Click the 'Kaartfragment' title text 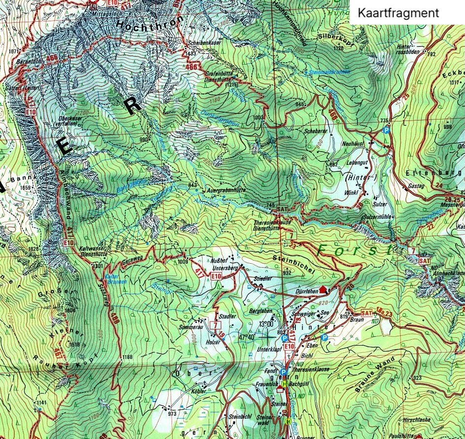pyautogui.click(x=397, y=13)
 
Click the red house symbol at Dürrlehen pyautogui.click(x=323, y=289)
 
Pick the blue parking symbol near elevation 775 pyautogui.click(x=386, y=130)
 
